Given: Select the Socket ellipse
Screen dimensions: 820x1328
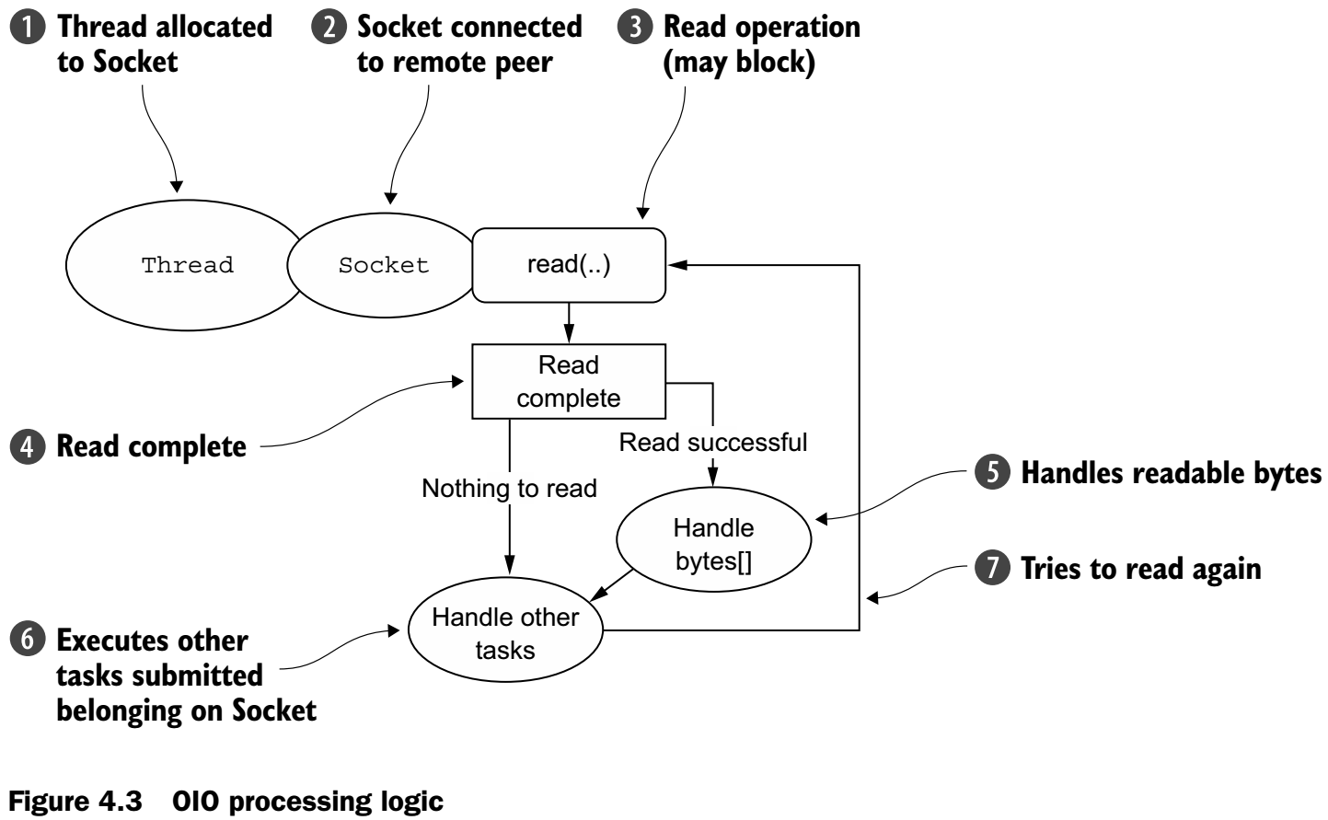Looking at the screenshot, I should click(383, 265).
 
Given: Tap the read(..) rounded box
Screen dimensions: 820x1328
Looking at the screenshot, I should click(568, 265).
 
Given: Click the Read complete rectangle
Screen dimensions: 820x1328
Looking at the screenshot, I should click(568, 381).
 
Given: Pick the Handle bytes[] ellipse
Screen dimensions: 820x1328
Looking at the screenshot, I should click(713, 544).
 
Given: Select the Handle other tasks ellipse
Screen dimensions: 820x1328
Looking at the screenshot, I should click(505, 633).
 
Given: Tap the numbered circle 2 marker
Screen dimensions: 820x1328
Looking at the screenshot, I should click(328, 28).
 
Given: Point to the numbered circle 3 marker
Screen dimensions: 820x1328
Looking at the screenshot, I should click(634, 28).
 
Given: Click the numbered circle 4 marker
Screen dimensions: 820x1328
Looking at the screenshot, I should click(28, 447).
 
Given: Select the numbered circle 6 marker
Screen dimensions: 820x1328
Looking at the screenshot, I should click(28, 641).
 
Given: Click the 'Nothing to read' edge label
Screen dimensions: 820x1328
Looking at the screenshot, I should click(509, 488).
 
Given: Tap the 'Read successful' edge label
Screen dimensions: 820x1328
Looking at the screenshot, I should click(713, 443).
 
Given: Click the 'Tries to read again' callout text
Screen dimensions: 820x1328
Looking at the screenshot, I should click(1140, 569).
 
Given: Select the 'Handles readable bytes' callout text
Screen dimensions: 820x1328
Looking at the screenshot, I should click(1171, 473).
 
